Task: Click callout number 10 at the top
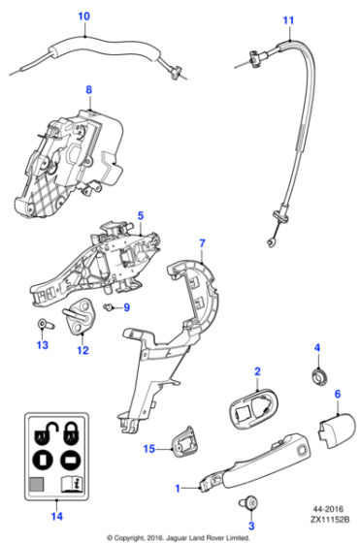point(82,16)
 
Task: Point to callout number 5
point(140,214)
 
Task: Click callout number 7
point(202,241)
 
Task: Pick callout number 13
point(42,344)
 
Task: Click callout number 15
point(149,448)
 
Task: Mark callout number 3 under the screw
point(251,527)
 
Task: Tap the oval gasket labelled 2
point(255,409)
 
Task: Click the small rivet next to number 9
point(110,308)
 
